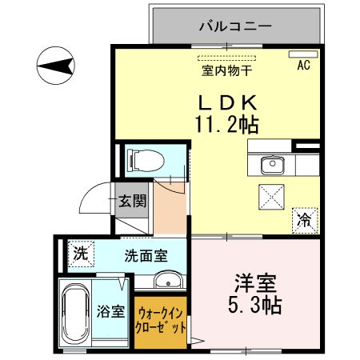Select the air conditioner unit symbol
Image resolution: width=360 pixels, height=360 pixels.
coord(303,55)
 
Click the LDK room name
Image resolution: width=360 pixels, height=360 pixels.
coord(226,102)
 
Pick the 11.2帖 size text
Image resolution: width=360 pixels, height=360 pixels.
coord(226,125)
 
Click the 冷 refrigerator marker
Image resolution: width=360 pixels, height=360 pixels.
coord(305,216)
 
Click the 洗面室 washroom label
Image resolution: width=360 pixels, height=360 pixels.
coord(146,257)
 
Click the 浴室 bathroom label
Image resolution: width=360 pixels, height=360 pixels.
coord(111,312)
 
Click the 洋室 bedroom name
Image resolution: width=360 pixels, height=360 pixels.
coord(255,282)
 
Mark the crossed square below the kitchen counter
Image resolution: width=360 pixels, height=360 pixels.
coord(271,194)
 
